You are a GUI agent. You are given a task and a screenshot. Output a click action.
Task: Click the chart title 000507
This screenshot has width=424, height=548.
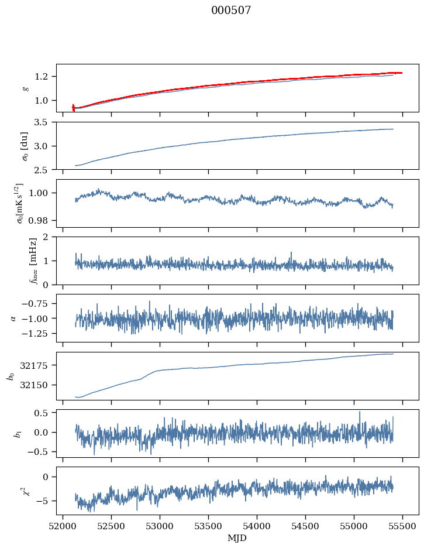231,11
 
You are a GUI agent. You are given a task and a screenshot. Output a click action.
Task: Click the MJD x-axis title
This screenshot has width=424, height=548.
237,538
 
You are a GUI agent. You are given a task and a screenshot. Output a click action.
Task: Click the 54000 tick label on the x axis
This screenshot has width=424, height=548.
257,526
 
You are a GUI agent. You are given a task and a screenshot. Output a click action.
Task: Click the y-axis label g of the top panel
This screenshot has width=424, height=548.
25,88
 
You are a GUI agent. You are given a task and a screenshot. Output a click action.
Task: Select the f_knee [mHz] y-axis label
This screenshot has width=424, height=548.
16,260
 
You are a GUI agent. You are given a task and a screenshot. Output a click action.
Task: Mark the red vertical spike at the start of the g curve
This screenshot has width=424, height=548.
73,107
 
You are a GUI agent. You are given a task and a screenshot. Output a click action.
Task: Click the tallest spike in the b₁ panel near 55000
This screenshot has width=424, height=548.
360,412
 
